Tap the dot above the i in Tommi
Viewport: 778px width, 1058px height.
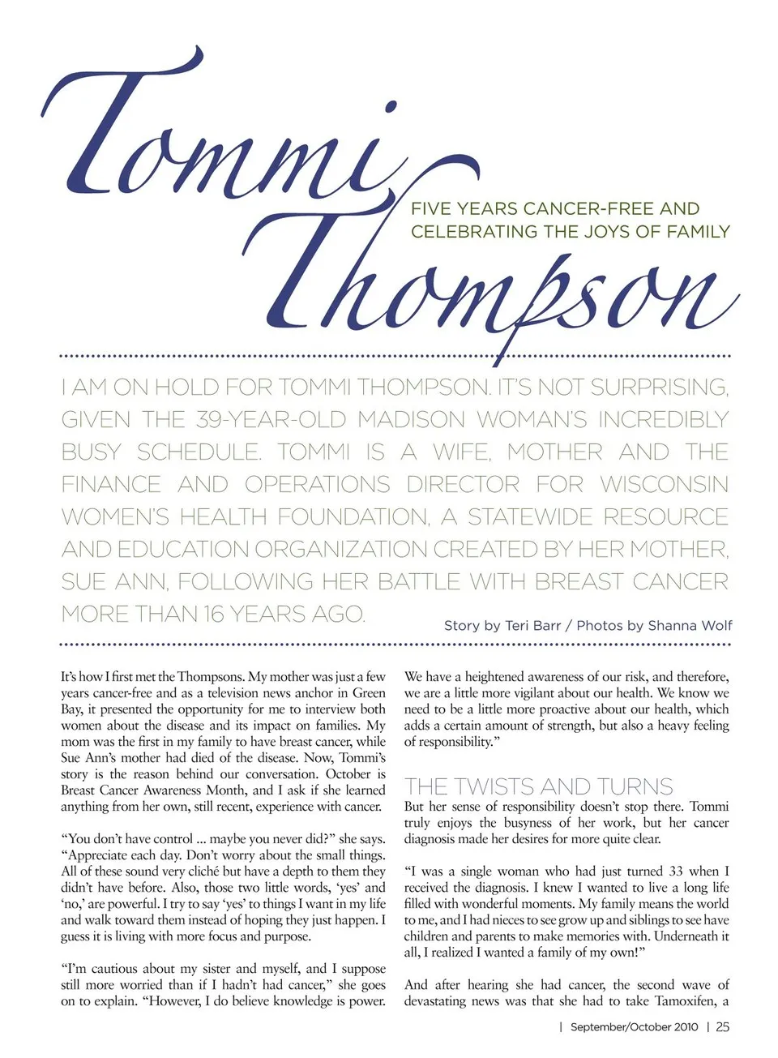point(391,107)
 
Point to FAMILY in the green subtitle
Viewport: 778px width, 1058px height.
point(698,232)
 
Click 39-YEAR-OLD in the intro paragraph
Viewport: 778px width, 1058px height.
point(271,420)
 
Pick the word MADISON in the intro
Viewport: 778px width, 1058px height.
point(412,420)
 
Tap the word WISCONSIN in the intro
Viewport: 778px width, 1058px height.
point(664,485)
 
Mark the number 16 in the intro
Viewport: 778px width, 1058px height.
point(214,615)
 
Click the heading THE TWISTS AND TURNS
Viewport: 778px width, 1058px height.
point(538,786)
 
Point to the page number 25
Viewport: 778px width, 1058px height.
point(722,1027)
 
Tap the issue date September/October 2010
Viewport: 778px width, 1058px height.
point(634,1027)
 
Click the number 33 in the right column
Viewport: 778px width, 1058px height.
point(676,872)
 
